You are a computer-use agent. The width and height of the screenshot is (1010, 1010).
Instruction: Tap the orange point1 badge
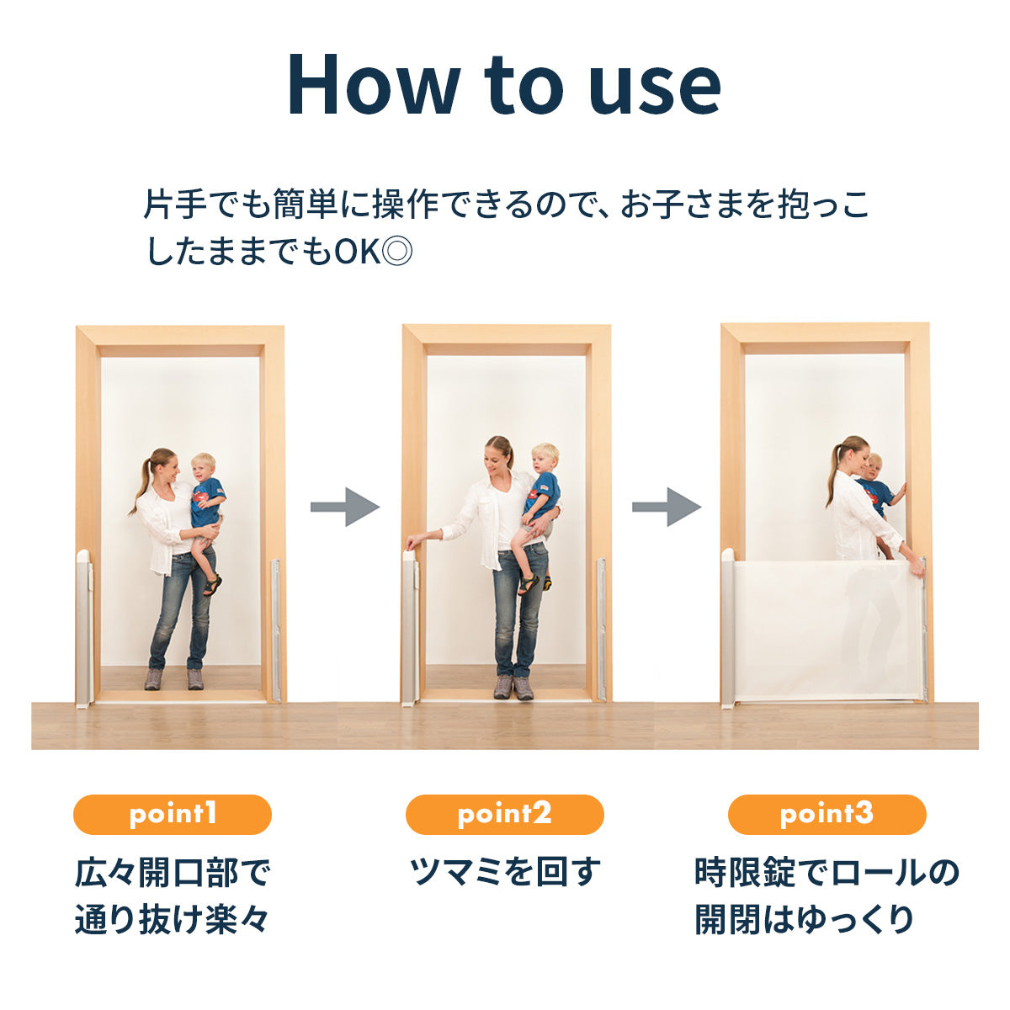(x=173, y=815)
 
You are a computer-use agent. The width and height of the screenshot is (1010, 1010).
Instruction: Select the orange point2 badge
(x=505, y=815)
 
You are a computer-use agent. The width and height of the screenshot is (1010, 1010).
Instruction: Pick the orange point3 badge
(x=827, y=815)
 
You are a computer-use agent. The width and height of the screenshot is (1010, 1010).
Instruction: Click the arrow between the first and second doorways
(x=345, y=507)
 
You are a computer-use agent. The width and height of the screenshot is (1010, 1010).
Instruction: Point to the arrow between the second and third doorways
(x=667, y=507)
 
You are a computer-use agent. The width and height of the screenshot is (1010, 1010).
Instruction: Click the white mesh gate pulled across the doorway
(x=828, y=630)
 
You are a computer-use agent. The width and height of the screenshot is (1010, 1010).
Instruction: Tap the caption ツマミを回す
(x=504, y=873)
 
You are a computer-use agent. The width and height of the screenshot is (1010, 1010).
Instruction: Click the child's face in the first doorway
(x=203, y=467)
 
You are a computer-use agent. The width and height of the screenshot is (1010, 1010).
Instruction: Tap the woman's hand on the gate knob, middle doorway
(x=413, y=542)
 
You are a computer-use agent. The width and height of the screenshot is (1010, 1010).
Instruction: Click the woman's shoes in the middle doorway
(x=513, y=688)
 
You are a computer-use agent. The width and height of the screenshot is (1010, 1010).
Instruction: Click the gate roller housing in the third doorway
(x=727, y=629)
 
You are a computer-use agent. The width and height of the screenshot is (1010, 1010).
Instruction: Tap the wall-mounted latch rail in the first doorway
(x=276, y=630)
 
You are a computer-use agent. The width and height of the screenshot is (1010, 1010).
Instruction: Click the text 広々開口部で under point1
(x=173, y=874)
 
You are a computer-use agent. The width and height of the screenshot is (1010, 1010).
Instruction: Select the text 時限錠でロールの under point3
(x=827, y=873)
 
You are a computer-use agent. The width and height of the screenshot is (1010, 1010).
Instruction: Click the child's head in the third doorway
(x=874, y=466)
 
